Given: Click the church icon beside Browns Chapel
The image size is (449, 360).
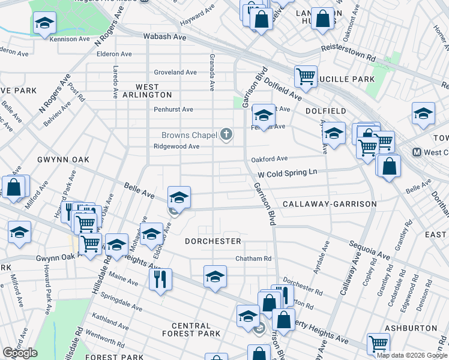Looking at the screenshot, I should (x=226, y=134).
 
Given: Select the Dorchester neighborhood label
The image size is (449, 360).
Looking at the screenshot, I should (x=212, y=241).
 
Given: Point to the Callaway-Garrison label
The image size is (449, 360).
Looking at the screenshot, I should (x=330, y=204).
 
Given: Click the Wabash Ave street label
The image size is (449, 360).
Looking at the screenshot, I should (x=164, y=37).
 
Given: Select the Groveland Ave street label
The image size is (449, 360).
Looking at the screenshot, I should (x=175, y=72).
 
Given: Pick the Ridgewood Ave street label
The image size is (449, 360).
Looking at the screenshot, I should (x=176, y=146).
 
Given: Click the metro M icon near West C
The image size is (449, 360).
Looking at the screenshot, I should (x=416, y=152).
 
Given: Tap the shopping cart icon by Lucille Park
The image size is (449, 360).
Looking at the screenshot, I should (x=306, y=76).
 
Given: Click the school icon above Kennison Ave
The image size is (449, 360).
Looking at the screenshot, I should (x=44, y=23).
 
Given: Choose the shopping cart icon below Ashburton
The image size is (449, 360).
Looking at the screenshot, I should (x=378, y=343).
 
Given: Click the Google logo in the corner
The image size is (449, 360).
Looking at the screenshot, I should (x=20, y=353).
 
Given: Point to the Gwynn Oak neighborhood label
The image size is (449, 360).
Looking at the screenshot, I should (x=63, y=160).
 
